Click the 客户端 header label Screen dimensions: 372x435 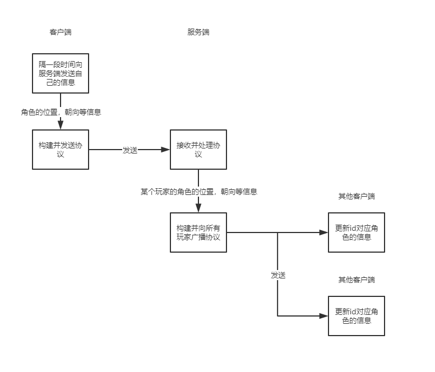[x=61, y=32]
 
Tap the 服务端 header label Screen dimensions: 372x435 [x=198, y=32]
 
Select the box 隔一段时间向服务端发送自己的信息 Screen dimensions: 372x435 [x=61, y=73]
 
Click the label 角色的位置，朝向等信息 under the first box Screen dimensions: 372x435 [x=61, y=112]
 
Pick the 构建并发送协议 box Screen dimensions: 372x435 [x=61, y=150]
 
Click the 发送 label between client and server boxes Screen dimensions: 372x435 [x=130, y=150]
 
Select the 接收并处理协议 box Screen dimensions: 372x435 [x=198, y=150]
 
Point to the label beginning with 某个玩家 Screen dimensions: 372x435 [x=198, y=192]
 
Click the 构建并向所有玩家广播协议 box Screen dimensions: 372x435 [x=198, y=232]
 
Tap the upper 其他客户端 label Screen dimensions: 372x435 [x=357, y=197]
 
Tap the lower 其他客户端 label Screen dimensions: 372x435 [x=357, y=280]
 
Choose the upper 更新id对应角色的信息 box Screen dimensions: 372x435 [x=357, y=232]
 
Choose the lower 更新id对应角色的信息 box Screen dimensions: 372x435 [x=357, y=316]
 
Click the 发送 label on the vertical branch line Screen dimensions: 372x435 [x=279, y=275]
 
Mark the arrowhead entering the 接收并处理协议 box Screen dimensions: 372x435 [x=165, y=150]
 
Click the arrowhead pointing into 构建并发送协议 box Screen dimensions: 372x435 [x=61, y=125]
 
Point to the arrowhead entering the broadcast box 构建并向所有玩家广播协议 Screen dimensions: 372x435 [x=198, y=208]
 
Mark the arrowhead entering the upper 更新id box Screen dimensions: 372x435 [x=323, y=232]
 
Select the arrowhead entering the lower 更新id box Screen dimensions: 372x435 [x=323, y=316]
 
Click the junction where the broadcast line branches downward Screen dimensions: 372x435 [x=278, y=232]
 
